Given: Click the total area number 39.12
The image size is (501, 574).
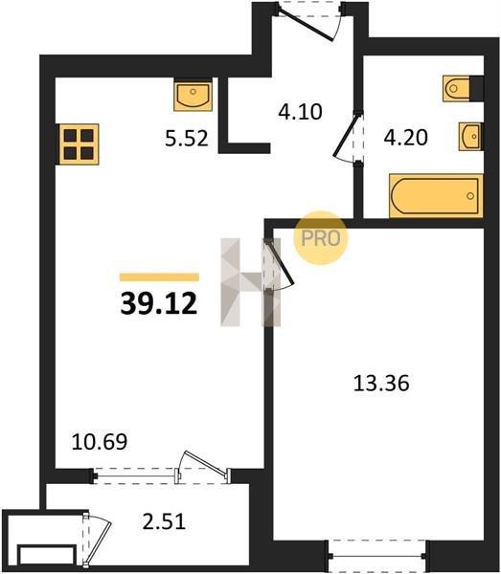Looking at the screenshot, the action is pyautogui.click(x=159, y=304).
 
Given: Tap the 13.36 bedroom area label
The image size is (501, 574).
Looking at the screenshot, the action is pyautogui.click(x=381, y=384).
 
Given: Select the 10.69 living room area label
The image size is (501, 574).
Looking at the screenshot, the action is pyautogui.click(x=100, y=441).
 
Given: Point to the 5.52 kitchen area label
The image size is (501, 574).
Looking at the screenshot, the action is pyautogui.click(x=187, y=139).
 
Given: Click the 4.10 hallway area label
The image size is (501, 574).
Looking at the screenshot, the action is pyautogui.click(x=300, y=112).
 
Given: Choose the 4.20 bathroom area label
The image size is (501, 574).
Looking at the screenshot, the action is pyautogui.click(x=406, y=138).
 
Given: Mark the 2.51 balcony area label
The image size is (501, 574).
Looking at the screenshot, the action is pyautogui.click(x=164, y=521).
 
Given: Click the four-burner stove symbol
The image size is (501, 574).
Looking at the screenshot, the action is pyautogui.click(x=78, y=144).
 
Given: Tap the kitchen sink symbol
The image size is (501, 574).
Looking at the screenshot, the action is pyautogui.click(x=194, y=95).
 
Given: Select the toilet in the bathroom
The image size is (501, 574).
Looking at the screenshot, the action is pyautogui.click(x=456, y=89).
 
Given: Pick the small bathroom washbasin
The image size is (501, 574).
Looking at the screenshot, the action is pyautogui.click(x=470, y=137).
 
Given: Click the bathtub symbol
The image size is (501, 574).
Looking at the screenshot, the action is pyautogui.click(x=436, y=196).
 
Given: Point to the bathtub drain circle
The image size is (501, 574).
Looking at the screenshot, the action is pyautogui.click(x=470, y=196).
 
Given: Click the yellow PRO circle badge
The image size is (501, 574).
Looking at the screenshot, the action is pyautogui.click(x=320, y=238).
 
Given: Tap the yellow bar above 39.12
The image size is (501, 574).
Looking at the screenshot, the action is pyautogui.click(x=159, y=277).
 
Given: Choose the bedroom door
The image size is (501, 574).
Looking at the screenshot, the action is pyautogui.click(x=281, y=264).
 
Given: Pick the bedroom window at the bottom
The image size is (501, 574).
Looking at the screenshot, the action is pyautogui.click(x=377, y=556).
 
